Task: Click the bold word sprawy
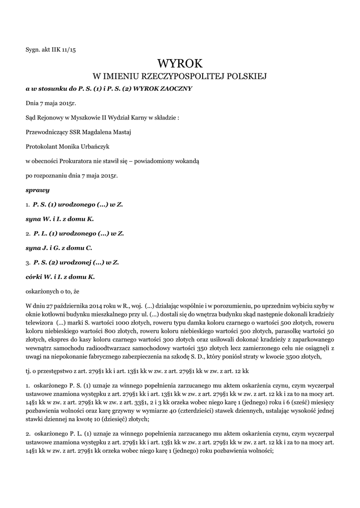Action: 37,190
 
